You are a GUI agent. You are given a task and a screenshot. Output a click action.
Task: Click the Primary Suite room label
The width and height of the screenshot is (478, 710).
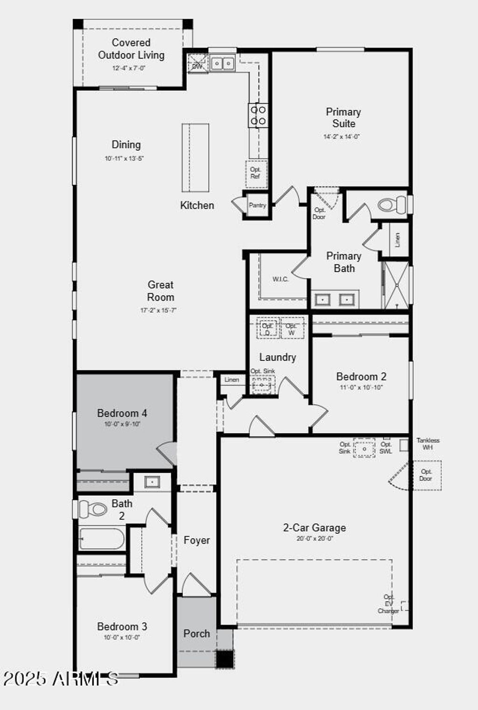point(343,117)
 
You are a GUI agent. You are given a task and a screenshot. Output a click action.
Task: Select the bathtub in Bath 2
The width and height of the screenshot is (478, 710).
point(102,539)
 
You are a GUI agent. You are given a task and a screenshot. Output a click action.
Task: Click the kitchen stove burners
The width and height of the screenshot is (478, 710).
point(258,115)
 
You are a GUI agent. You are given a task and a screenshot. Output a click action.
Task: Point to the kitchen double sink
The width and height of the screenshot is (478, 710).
point(222,63)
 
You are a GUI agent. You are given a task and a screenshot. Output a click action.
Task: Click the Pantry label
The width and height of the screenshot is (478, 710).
point(257,205)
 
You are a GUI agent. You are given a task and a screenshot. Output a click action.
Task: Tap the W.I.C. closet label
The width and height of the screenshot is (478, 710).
point(280,279)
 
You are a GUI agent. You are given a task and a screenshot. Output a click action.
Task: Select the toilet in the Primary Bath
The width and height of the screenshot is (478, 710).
point(392,205)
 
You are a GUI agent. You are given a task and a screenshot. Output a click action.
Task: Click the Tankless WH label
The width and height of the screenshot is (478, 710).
point(428,443)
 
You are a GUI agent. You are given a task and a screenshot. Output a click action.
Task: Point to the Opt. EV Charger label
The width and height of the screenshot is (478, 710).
point(388,604)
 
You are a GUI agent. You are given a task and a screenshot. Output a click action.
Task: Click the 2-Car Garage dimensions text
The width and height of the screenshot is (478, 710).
point(315,538)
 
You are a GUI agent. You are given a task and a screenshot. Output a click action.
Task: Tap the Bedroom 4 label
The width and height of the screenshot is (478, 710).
point(122,413)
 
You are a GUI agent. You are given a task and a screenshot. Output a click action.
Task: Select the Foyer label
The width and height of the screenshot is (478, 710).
point(197,540)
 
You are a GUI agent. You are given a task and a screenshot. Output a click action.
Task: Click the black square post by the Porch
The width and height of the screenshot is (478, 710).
point(225,659)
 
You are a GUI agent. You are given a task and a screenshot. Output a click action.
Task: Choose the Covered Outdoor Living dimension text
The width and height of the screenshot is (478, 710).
point(129,68)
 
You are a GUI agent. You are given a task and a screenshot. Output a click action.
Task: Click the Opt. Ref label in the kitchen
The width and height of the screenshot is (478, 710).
point(255,173)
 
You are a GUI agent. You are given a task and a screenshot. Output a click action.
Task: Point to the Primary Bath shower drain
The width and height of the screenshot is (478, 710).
point(396,284)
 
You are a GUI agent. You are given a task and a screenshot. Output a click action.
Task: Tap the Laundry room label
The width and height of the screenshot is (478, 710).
point(277,357)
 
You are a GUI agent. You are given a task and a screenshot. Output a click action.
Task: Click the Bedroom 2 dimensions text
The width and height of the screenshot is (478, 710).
point(361,387)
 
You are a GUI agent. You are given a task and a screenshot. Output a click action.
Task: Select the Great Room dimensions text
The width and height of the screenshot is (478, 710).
point(158,310)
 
